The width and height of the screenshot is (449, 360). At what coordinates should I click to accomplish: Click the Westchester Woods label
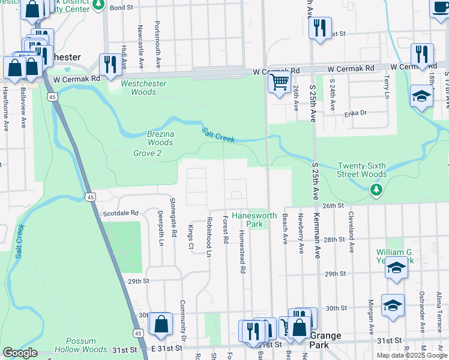(x=143, y=88)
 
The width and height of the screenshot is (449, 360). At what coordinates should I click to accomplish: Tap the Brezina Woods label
(x=160, y=139)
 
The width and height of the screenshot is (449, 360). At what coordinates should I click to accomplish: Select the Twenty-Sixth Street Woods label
(x=362, y=170)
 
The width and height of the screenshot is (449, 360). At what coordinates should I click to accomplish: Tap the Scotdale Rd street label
(x=121, y=213)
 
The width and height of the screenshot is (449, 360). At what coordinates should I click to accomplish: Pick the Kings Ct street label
(x=191, y=238)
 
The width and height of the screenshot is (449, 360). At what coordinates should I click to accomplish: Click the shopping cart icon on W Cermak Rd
(x=279, y=82)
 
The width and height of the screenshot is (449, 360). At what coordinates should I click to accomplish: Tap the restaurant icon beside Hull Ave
(x=109, y=64)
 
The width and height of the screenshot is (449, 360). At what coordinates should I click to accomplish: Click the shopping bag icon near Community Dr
(x=161, y=325)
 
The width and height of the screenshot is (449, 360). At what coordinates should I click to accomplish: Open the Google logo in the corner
(x=20, y=353)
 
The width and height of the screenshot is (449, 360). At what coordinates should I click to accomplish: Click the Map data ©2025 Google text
(x=412, y=355)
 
